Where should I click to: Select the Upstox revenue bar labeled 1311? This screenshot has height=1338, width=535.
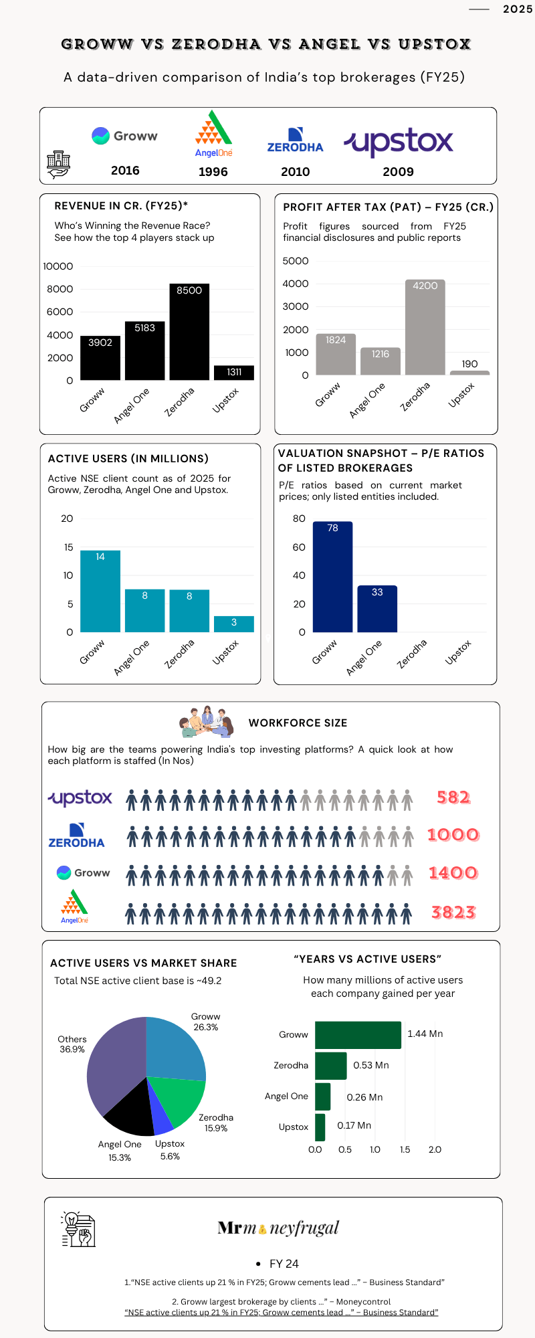click(x=234, y=373)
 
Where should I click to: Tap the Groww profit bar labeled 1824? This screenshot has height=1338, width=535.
click(x=336, y=355)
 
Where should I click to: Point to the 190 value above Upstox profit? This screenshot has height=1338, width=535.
click(x=469, y=364)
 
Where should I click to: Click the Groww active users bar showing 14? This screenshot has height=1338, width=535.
click(x=100, y=592)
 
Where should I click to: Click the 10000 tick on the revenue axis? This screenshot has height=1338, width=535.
click(x=58, y=266)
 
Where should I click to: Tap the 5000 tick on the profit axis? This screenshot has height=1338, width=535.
click(x=296, y=261)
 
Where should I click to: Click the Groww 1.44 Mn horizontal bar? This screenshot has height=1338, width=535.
click(x=358, y=1035)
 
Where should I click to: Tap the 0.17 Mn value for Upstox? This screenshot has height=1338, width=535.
click(x=354, y=1126)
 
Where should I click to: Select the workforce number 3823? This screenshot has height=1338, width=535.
click(x=453, y=913)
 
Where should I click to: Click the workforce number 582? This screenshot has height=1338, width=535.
click(x=453, y=797)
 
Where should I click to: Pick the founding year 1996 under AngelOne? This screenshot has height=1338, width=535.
click(x=213, y=172)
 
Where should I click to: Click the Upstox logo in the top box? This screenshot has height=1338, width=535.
click(x=399, y=141)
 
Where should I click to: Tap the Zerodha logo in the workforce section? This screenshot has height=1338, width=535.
click(x=76, y=836)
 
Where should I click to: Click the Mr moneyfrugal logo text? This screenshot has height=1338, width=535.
click(x=278, y=1228)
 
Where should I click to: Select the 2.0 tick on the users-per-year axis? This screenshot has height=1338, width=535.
click(x=435, y=1149)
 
